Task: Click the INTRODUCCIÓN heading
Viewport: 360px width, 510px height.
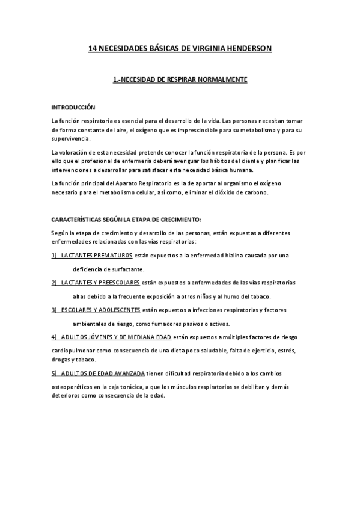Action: [x=73, y=107]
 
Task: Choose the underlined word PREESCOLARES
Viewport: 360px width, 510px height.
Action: [x=120, y=283]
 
